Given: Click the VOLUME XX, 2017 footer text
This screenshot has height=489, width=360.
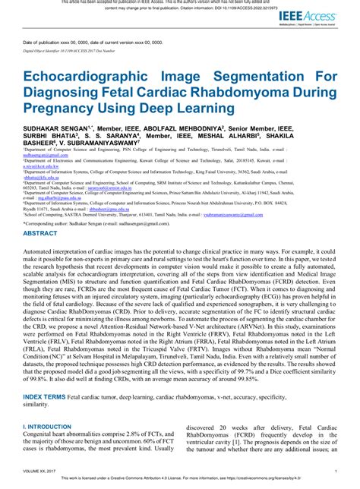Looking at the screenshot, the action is pos(44,472).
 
